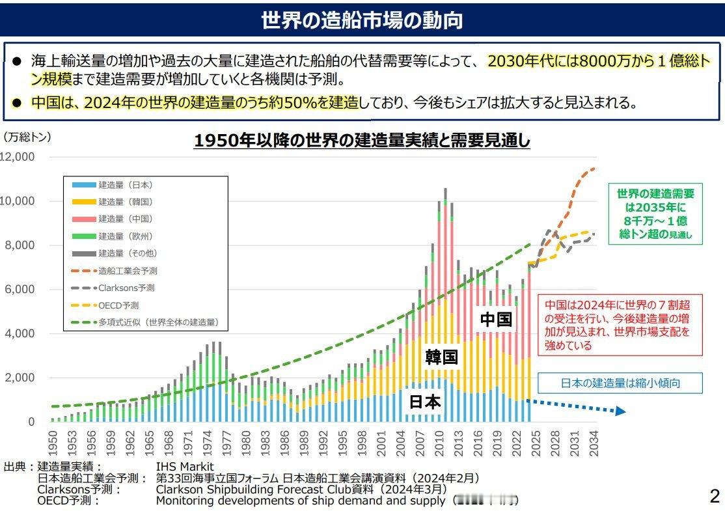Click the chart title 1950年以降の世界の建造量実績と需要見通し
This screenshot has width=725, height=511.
click(x=362, y=141)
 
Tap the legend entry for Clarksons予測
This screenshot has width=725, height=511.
click(x=126, y=287)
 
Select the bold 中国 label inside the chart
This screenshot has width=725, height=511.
click(x=496, y=319)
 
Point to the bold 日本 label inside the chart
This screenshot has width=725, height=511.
click(x=424, y=402)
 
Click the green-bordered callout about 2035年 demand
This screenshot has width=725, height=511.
click(x=655, y=214)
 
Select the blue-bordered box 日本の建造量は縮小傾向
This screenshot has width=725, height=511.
click(x=620, y=383)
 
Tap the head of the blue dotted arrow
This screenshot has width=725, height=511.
click(x=620, y=411)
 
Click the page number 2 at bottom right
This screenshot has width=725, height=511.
click(x=714, y=497)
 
